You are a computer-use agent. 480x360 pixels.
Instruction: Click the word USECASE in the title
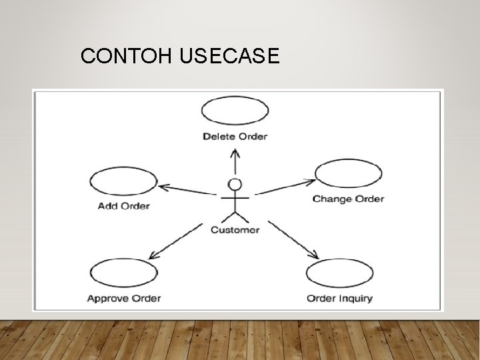(x=229, y=57)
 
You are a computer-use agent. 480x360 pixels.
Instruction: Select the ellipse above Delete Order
(x=235, y=111)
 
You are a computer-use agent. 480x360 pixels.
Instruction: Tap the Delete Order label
(x=235, y=137)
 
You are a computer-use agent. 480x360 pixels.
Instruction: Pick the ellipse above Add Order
(x=123, y=181)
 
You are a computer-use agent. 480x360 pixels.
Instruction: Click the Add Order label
(x=124, y=206)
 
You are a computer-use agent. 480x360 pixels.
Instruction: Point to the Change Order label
(x=348, y=199)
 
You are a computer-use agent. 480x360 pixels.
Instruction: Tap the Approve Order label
(x=124, y=298)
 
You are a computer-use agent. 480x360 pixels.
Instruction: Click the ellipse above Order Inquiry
(x=339, y=273)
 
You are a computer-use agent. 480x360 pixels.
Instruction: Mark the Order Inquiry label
(x=339, y=298)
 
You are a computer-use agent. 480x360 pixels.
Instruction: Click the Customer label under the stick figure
(x=235, y=230)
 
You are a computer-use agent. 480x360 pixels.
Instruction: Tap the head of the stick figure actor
(x=235, y=184)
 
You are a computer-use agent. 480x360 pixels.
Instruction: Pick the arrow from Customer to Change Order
(x=285, y=187)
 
